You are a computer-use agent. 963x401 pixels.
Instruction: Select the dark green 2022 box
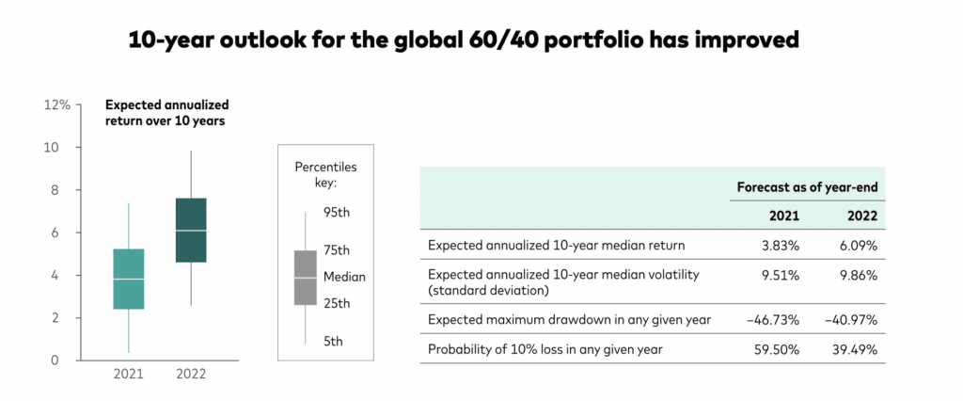click(x=191, y=230)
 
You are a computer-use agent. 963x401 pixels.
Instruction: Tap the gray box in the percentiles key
click(x=305, y=278)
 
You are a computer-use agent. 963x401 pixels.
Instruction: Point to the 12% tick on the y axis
click(x=57, y=104)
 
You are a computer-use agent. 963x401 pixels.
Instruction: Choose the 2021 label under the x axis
click(x=128, y=374)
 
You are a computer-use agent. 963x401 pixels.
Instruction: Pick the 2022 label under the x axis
click(x=191, y=374)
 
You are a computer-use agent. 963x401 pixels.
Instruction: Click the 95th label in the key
click(x=337, y=213)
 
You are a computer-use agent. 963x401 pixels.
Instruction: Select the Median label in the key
click(x=344, y=277)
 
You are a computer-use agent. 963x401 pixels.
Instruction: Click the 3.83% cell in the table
click(x=780, y=245)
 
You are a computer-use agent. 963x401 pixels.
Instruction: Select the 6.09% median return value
click(x=858, y=245)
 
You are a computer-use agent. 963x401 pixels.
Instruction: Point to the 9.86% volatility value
click(x=858, y=275)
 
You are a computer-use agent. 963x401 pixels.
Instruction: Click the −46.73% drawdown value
click(x=774, y=320)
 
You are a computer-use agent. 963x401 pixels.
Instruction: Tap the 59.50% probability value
click(x=777, y=350)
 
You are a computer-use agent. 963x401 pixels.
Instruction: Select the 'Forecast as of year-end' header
click(x=807, y=187)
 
